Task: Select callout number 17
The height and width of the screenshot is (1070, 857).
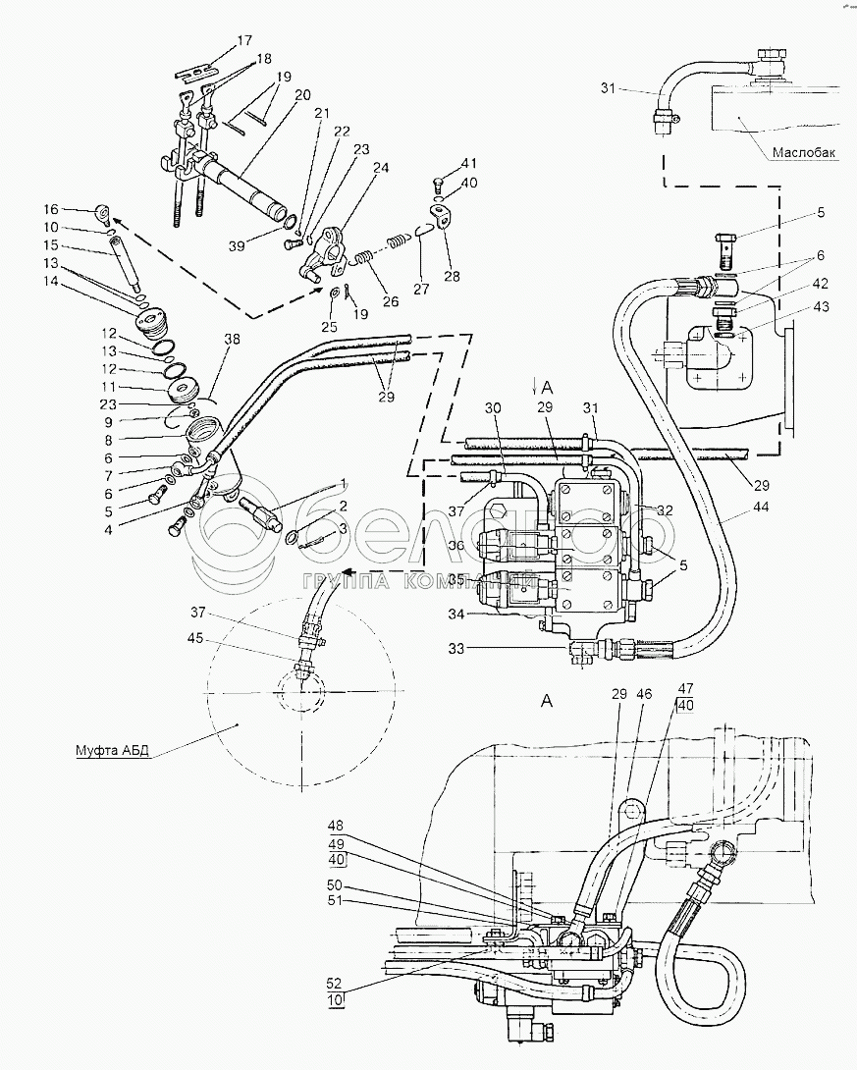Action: [x=243, y=40]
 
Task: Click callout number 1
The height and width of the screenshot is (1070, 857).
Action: [x=343, y=482]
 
